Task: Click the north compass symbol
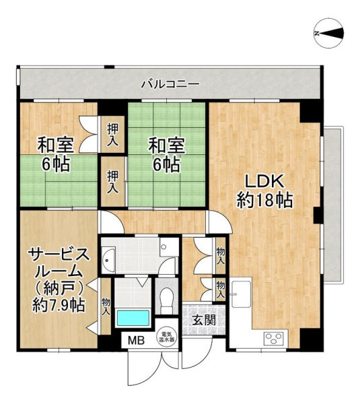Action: (329, 33)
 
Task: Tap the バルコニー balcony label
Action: (171, 84)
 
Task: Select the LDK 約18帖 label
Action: (264, 191)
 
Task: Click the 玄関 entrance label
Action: (205, 321)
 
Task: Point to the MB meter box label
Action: (137, 341)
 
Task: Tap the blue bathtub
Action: (133, 318)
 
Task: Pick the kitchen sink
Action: (242, 294)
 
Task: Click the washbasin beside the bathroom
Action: (108, 260)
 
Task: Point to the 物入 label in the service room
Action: (106, 306)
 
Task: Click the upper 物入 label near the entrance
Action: (221, 256)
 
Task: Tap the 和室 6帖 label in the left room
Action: (56, 154)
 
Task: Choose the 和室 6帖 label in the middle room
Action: (167, 154)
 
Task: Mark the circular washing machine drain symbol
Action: (164, 246)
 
